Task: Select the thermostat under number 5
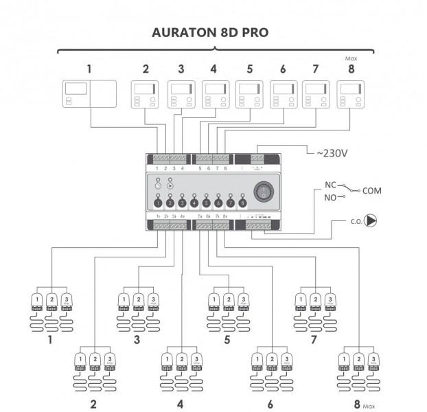pos(249,95)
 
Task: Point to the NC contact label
pos(331,185)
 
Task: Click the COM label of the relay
pos(371,190)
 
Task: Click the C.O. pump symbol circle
pos(371,222)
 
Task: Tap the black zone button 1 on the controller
pos(158,203)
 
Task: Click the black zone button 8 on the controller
pos(242,203)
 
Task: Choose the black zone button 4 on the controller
pos(194,203)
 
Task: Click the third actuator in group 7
pos(331,303)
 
